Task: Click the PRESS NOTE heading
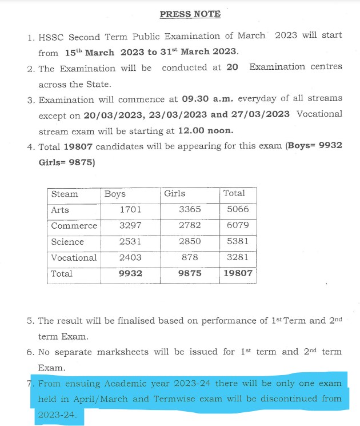click(x=182, y=14)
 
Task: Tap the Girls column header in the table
click(x=174, y=194)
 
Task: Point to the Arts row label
click(x=60, y=210)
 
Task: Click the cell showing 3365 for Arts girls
click(x=190, y=210)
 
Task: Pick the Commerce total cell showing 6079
click(x=238, y=226)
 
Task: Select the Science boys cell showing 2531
click(x=130, y=242)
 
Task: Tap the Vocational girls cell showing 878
click(x=190, y=258)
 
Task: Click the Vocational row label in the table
click(x=74, y=258)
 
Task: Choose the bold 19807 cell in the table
click(x=238, y=274)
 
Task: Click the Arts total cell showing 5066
click(x=238, y=210)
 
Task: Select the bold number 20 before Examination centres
click(x=231, y=67)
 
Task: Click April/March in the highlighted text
click(x=101, y=399)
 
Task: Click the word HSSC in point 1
click(x=53, y=37)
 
